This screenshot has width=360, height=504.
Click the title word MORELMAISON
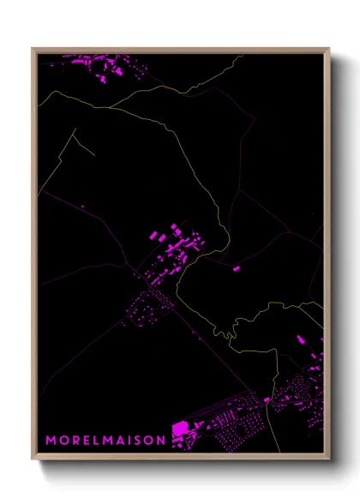point(105,440)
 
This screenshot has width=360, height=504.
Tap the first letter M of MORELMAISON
point(51,440)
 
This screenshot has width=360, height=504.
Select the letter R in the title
point(75,440)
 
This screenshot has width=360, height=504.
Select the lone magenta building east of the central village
point(237,268)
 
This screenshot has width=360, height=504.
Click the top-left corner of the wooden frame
point(33,49)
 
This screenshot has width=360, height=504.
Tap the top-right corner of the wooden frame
point(328,49)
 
